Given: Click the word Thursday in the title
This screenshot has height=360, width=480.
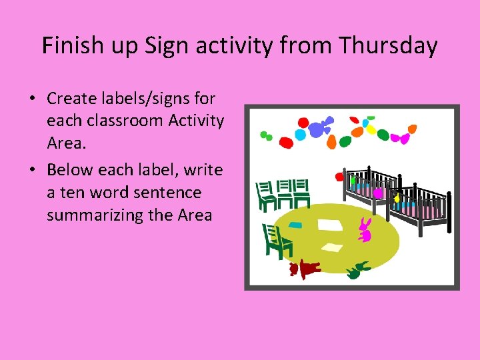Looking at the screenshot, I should (x=387, y=46).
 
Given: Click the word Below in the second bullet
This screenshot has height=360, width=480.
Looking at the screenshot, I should (x=70, y=170).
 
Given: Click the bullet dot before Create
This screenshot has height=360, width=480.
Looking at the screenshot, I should (x=32, y=99).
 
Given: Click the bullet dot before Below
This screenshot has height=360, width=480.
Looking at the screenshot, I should (x=32, y=171).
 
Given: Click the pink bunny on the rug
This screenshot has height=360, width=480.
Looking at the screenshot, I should (x=365, y=229).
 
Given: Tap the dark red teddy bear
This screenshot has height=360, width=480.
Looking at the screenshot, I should (x=304, y=268).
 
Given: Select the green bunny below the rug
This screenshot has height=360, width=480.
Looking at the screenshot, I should (x=358, y=270).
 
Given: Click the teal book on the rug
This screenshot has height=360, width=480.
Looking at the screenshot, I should (x=295, y=225).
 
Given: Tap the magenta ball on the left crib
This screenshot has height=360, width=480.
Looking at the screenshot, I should (x=378, y=193).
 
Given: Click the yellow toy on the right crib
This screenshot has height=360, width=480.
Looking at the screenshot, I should (x=398, y=198).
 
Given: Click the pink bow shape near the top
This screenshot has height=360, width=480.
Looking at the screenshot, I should (x=400, y=139).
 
